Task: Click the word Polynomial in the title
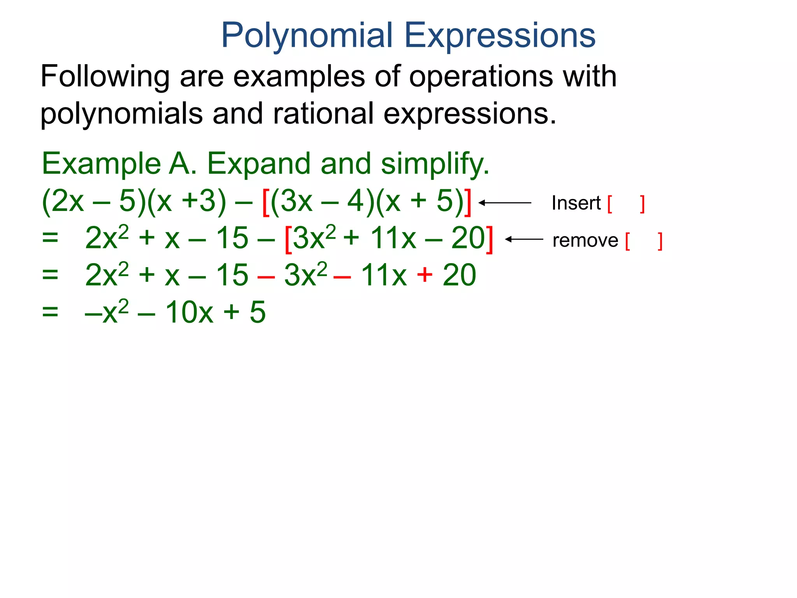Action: (x=307, y=36)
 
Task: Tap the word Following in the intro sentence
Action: (x=105, y=77)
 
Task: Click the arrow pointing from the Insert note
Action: (x=505, y=203)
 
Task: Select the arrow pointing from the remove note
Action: (x=524, y=239)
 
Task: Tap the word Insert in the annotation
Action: (x=576, y=203)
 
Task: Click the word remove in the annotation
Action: (x=585, y=240)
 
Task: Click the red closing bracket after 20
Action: (x=490, y=239)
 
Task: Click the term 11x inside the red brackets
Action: (x=393, y=238)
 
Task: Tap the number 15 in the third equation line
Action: (x=232, y=275)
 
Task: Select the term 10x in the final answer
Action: (x=189, y=312)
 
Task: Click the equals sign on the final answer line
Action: (x=50, y=312)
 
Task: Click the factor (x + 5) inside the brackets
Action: (x=420, y=202)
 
